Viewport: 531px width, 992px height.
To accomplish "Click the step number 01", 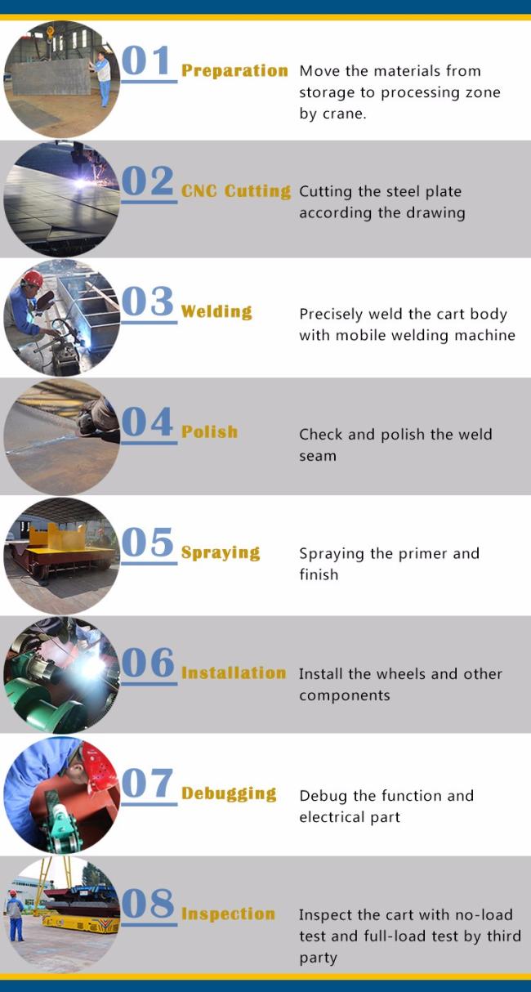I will pyautogui.click(x=148, y=62).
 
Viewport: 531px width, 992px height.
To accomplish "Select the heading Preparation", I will pyautogui.click(x=234, y=71).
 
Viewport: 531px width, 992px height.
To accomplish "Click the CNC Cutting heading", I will pyautogui.click(x=235, y=191).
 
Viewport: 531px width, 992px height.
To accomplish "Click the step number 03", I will pyautogui.click(x=148, y=302).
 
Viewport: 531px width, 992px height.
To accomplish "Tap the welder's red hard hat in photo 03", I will pyautogui.click(x=32, y=279).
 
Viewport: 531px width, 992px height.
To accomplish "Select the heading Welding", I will pyautogui.click(x=216, y=311).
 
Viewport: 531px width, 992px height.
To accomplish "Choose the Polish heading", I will pyautogui.click(x=210, y=431).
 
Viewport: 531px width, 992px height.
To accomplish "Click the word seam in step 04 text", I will pyautogui.click(x=318, y=456).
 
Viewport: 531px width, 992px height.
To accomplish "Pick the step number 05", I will pyautogui.click(x=148, y=543).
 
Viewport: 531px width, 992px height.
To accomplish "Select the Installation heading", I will pyautogui.click(x=234, y=673).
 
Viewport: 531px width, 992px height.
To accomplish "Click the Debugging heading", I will pyautogui.click(x=229, y=793).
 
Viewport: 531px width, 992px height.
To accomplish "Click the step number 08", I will pyautogui.click(x=148, y=905).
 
